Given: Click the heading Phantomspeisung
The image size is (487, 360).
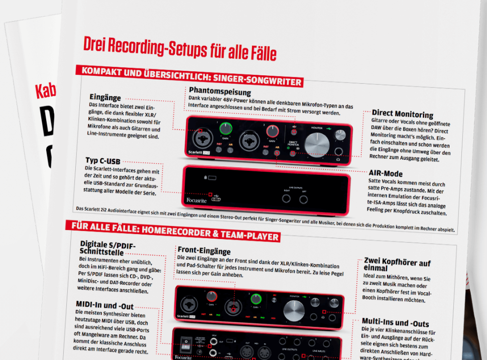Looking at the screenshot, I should [220, 92].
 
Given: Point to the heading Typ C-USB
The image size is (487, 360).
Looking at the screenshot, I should [103, 161].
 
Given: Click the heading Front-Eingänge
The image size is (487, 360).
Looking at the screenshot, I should [204, 250].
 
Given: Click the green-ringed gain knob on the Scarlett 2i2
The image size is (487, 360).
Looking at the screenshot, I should [226, 129].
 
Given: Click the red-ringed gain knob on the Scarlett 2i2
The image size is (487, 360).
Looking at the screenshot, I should [273, 131].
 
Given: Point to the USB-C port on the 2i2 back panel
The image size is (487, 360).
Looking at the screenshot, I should [216, 200].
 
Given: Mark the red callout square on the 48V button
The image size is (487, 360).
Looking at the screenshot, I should [294, 132].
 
